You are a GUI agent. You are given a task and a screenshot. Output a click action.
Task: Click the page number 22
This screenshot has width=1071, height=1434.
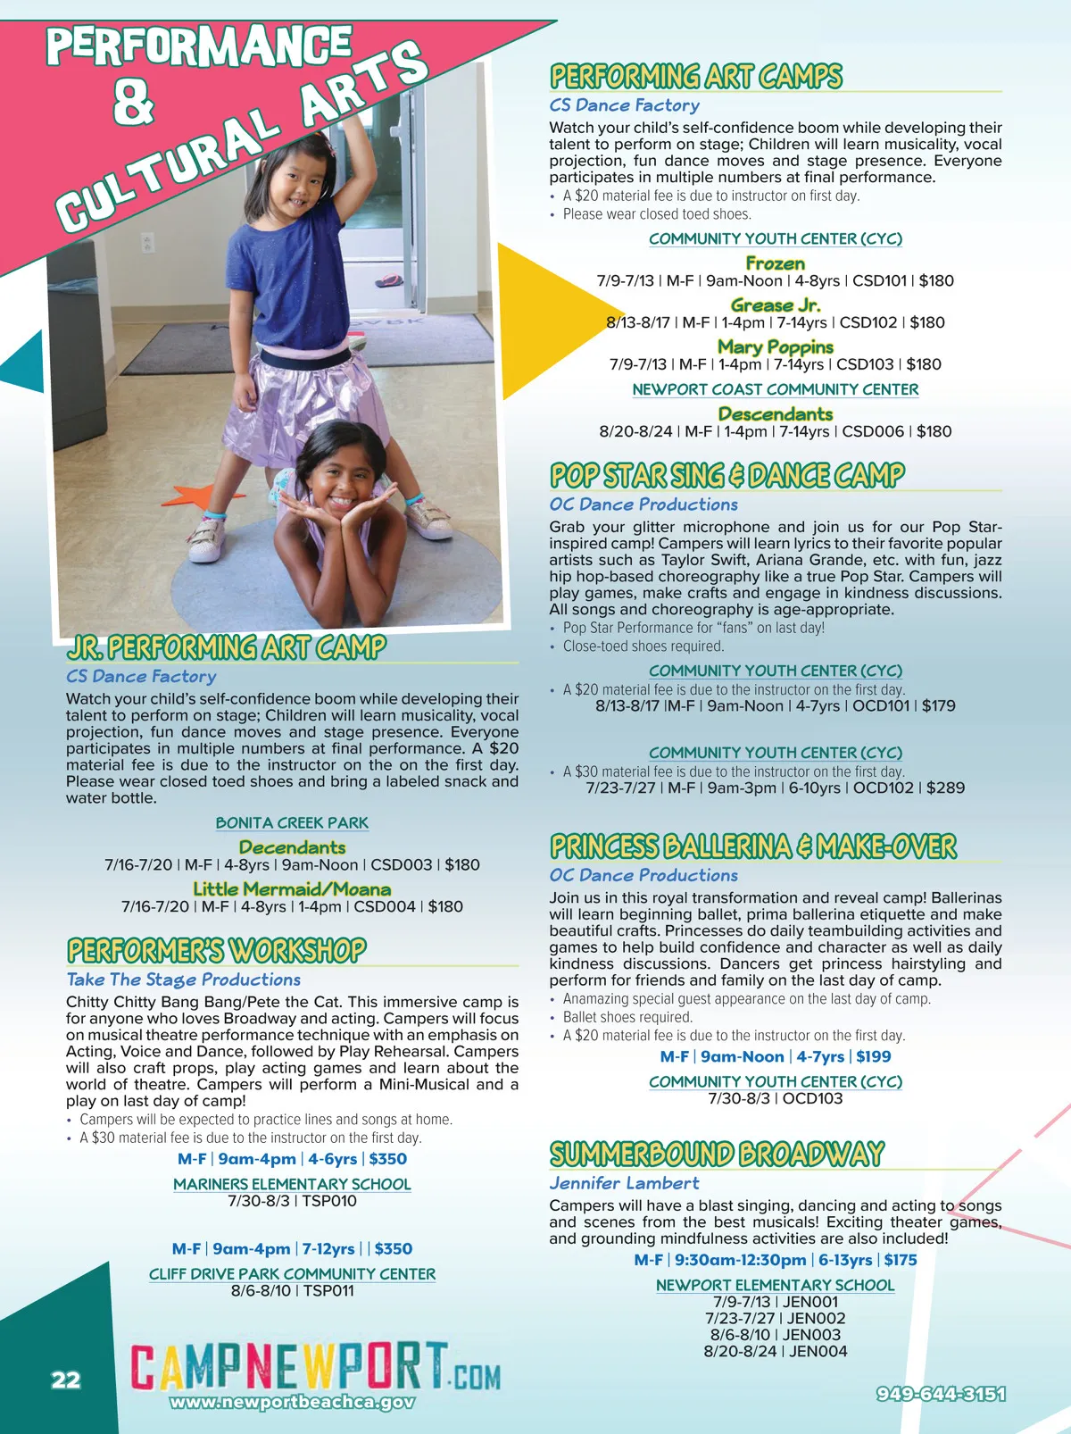[65, 1380]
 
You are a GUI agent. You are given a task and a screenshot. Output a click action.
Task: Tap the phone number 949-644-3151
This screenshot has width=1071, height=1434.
[941, 1394]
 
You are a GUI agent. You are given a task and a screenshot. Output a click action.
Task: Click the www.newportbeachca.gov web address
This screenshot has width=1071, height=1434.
[292, 1402]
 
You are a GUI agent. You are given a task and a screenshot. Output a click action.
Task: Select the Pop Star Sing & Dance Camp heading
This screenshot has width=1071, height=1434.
[727, 475]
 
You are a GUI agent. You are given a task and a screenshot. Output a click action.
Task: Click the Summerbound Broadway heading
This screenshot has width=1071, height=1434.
[717, 1154]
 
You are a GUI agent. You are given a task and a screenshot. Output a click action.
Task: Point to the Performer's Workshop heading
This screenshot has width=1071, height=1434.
[217, 950]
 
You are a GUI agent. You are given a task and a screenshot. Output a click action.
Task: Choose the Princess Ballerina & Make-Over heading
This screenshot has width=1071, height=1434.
[753, 846]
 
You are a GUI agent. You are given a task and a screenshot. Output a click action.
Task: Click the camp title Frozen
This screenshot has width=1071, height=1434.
[775, 263]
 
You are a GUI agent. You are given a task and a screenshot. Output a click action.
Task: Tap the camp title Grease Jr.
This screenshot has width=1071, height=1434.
[775, 305]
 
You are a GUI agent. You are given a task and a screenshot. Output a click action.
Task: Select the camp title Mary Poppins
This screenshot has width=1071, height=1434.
[775, 346]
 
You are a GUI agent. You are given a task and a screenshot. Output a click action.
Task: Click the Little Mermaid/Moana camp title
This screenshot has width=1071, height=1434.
[292, 889]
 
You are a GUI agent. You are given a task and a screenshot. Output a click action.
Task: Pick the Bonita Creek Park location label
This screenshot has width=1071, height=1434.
[292, 823]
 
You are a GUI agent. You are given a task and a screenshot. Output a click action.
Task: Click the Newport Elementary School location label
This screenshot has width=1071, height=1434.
[775, 1286]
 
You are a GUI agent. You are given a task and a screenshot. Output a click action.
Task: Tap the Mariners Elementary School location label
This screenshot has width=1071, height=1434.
[292, 1185]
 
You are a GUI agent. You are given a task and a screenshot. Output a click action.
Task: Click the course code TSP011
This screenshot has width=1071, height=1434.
[328, 1291]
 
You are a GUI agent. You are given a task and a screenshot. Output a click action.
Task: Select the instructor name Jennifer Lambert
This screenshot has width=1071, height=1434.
[624, 1184]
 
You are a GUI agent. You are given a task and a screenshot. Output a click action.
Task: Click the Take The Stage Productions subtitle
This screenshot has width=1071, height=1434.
[183, 980]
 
